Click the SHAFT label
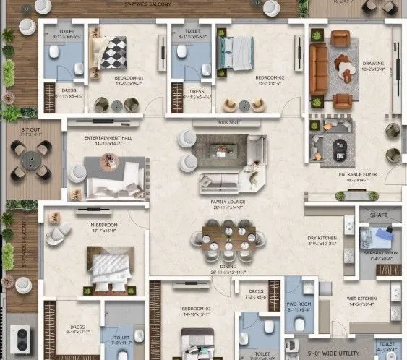380,214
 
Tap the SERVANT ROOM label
378,252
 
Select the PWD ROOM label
298,304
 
